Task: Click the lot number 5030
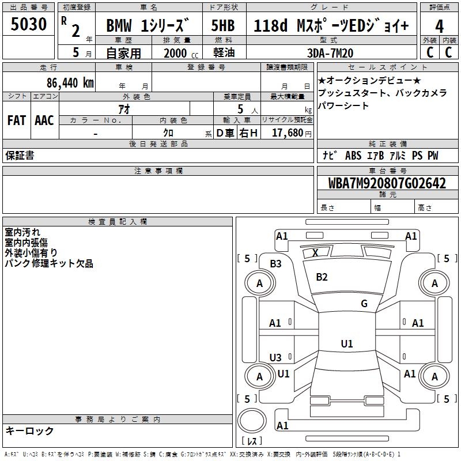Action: tap(29, 25)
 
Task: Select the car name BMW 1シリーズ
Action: tap(148, 27)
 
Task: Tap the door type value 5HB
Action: tap(223, 27)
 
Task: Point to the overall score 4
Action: tap(439, 27)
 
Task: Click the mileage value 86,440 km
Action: tap(70, 83)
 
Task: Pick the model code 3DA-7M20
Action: tap(330, 53)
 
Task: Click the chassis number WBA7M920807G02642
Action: tap(387, 184)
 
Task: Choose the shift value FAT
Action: tap(17, 120)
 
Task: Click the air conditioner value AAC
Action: tap(44, 120)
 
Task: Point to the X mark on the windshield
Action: tap(315, 252)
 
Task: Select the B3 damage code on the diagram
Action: tap(276, 264)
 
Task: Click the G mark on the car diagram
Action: tap(364, 304)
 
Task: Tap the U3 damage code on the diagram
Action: tap(276, 357)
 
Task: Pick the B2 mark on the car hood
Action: tap(322, 277)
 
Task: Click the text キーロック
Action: tap(29, 430)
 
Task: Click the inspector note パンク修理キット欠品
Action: tap(49, 263)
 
